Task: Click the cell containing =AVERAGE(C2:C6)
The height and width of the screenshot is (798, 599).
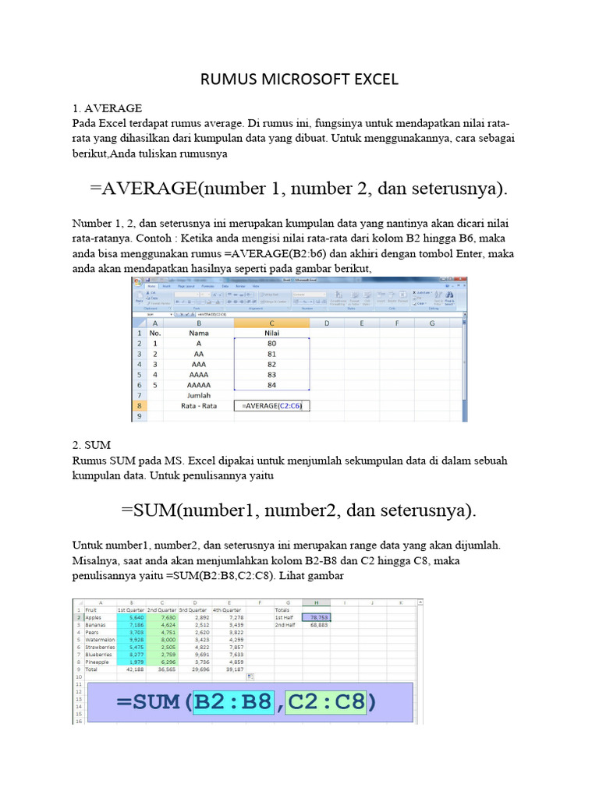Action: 272,405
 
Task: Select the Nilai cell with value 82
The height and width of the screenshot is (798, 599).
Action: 271,364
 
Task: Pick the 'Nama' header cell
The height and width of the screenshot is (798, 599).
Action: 200,332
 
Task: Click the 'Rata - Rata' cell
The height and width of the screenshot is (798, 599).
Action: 200,405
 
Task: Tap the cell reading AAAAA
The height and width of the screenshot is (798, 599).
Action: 200,385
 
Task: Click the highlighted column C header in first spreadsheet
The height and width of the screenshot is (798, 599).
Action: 271,322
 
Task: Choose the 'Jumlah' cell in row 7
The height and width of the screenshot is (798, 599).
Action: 200,395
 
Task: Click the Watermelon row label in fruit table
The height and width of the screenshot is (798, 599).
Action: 100,639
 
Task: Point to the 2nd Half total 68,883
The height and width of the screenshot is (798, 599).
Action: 318,624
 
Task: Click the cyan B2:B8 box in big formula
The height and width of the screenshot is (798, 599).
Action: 234,703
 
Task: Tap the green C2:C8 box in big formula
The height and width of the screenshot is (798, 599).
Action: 325,703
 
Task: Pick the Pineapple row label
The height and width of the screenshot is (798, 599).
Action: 98,662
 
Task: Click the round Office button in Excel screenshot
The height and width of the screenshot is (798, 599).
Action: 137,283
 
